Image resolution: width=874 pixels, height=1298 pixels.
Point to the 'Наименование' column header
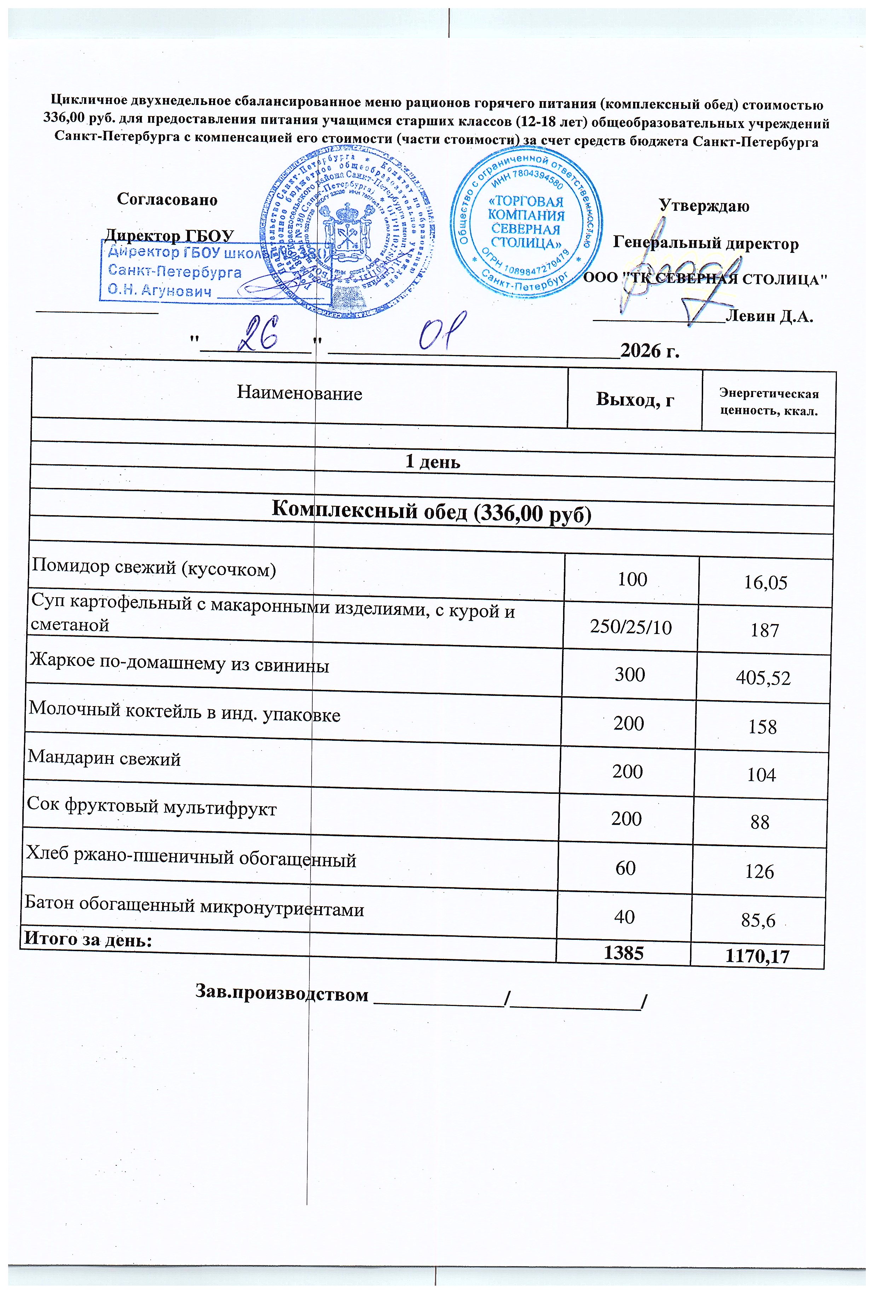coord(299,393)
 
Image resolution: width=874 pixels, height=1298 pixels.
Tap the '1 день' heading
coord(433,462)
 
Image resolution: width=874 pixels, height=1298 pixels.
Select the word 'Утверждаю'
coord(704,206)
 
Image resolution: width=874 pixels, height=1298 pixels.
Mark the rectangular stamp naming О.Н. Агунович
coord(215,271)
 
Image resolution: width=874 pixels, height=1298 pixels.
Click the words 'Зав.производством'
coord(282,994)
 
